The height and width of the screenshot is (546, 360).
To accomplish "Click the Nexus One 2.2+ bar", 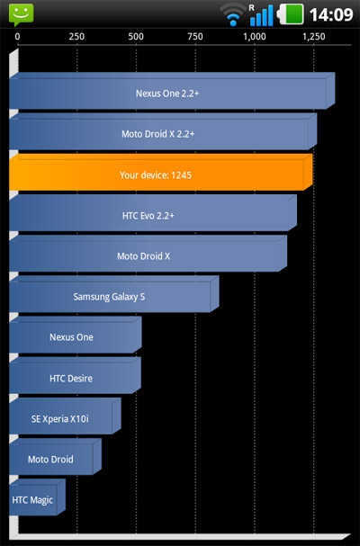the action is pos(172,91).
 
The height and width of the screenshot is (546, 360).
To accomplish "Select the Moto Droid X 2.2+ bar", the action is pos(163,131).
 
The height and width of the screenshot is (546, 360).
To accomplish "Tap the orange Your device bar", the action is pos(161,173).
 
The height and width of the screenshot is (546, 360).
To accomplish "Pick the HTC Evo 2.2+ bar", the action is pos(153,213).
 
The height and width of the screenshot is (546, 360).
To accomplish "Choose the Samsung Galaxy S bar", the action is pos(114,294).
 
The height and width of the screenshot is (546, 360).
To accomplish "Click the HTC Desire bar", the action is pos(75,376).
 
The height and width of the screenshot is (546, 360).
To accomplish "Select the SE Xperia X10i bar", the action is pos(65,416).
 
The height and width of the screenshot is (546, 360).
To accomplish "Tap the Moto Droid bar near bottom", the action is pos(56,457).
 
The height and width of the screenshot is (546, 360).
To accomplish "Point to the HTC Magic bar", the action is pos(37,497).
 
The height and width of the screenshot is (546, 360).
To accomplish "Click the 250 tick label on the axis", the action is pos(76,37).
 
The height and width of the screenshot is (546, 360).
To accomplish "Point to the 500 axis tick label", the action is pos(136,37).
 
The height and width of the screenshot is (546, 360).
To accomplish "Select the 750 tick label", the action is pos(194,37).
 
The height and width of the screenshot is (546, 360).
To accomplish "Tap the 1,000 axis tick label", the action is pos(254,37).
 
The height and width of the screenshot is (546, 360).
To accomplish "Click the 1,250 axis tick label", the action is pos(313,37).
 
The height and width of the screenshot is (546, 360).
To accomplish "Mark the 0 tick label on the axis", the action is pos(17,37).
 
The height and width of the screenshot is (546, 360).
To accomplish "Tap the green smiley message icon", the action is pos(22,14).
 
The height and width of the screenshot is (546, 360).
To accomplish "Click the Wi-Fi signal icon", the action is pos(233,15).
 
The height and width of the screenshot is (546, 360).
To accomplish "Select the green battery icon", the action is pos(290,14).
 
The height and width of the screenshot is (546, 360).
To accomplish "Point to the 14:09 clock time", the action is pos(331,14).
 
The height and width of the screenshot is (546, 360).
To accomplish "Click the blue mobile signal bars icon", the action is pos(261,15).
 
